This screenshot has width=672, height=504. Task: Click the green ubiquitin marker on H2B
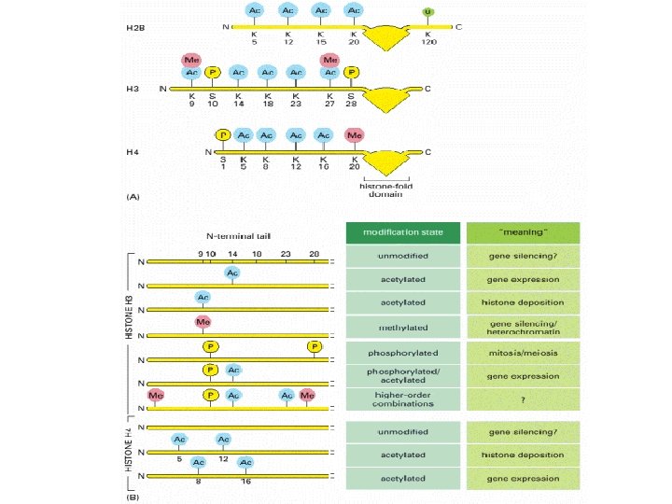428,11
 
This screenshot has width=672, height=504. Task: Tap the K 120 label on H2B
428,38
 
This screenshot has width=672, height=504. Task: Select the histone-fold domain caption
385,189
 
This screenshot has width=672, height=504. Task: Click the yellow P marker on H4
222,135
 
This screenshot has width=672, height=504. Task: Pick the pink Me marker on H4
354,135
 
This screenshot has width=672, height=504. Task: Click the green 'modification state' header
402,232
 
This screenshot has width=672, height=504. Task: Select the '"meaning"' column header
523,232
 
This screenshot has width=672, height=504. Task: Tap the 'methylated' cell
402,328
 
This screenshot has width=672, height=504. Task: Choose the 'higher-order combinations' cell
402,398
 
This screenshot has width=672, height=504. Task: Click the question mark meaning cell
523,398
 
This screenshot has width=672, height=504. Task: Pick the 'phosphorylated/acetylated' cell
402,376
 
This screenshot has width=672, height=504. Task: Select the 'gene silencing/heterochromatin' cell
523,328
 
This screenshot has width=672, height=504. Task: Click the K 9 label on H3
190,100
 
